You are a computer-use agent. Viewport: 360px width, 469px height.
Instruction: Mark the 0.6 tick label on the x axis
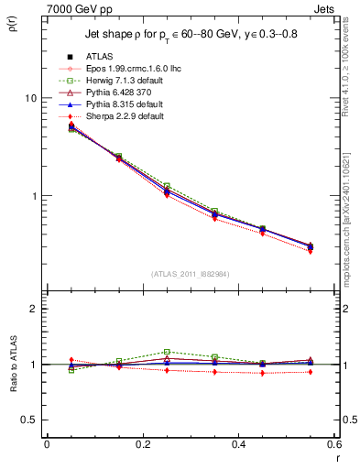pyautogui.click(x=334, y=444)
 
